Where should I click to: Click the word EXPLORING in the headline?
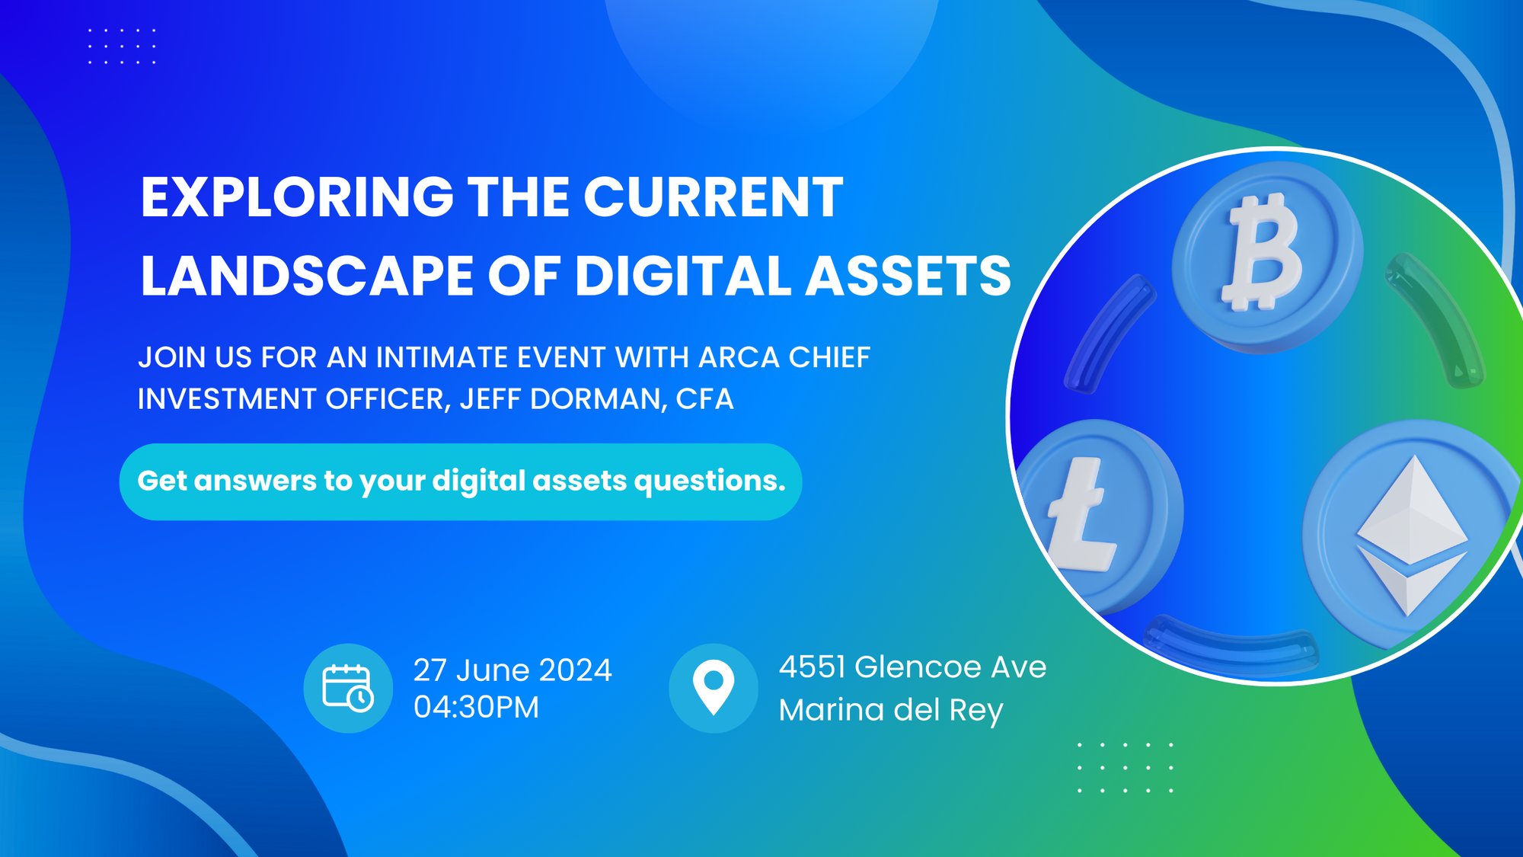[298, 197]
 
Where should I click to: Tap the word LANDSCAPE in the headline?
[306, 275]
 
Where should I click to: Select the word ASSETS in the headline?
[908, 275]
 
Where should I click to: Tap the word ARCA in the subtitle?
[739, 357]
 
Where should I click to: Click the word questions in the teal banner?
[710, 481]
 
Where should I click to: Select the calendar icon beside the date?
[348, 688]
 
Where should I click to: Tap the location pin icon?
[714, 688]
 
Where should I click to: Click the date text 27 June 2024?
[512, 670]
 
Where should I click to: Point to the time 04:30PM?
[476, 708]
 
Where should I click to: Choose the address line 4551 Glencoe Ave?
[912, 667]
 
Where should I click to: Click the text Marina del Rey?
[891, 710]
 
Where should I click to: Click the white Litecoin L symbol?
[1081, 514]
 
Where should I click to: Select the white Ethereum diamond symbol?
[1412, 535]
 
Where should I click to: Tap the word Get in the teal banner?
[161, 481]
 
